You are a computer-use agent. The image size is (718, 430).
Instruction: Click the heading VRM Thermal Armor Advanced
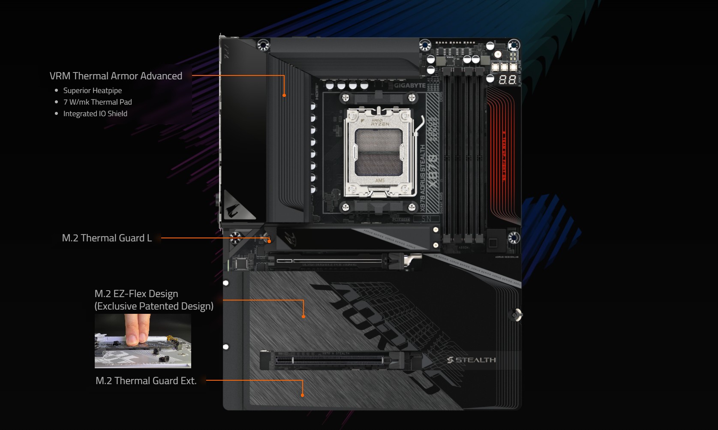click(x=116, y=76)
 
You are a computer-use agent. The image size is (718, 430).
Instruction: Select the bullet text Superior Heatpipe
click(x=92, y=90)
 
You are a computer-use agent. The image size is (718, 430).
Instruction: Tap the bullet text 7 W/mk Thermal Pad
click(x=97, y=102)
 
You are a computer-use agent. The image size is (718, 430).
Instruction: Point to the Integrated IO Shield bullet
click(x=95, y=114)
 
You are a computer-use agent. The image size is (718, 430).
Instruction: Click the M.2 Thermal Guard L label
click(x=107, y=238)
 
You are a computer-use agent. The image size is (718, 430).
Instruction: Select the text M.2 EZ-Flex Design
click(x=136, y=294)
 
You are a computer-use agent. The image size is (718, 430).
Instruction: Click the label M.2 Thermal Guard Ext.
click(x=146, y=381)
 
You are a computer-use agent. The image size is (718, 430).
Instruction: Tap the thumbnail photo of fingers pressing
click(x=143, y=341)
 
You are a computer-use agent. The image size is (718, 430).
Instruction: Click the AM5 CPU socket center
click(x=379, y=152)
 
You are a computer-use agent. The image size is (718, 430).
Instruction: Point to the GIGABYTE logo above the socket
click(x=409, y=85)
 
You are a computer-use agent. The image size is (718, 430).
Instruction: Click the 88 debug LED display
click(x=507, y=80)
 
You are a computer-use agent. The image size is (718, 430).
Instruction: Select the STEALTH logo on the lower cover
click(x=471, y=360)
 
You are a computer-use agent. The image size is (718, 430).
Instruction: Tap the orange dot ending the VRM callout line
click(x=284, y=95)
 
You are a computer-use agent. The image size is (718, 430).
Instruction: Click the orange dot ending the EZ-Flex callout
click(x=303, y=316)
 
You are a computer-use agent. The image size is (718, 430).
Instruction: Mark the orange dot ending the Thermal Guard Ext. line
click(x=302, y=395)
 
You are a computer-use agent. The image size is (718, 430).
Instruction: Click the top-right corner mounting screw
click(x=514, y=45)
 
